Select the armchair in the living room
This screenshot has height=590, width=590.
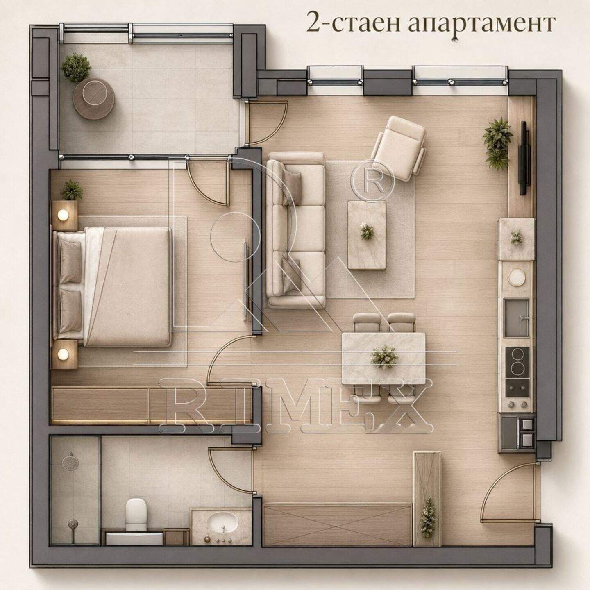[x=399, y=148]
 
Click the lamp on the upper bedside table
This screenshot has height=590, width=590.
[x=64, y=215]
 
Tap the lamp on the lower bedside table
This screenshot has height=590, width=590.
[x=64, y=354]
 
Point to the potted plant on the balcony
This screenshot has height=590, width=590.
[x=76, y=68]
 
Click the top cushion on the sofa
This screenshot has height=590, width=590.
[x=292, y=187]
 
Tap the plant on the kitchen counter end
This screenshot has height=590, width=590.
[x=517, y=237]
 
